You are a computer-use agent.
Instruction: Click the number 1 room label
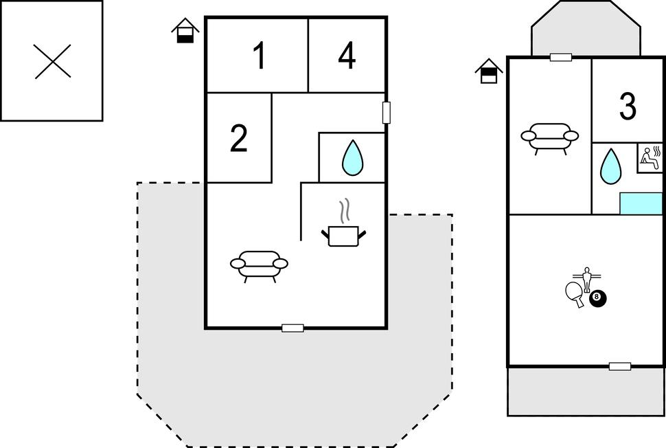[259, 56]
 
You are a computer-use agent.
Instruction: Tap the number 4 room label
[347, 56]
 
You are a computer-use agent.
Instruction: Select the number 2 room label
[239, 139]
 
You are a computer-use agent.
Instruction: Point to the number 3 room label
[628, 107]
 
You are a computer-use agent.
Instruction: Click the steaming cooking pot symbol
[343, 231]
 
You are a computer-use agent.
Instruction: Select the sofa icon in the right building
[549, 136]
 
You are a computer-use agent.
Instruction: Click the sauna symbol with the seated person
[650, 158]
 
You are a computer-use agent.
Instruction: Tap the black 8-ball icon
[598, 298]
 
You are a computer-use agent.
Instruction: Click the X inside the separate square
[53, 61]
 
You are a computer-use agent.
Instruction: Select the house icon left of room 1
[185, 31]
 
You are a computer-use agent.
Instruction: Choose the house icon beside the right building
[488, 71]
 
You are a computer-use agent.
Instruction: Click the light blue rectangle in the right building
[641, 203]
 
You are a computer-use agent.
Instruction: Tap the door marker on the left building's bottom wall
[292, 328]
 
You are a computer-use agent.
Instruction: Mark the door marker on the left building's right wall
[386, 113]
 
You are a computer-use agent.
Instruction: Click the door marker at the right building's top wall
[561, 58]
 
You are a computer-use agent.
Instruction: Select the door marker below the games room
[619, 366]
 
